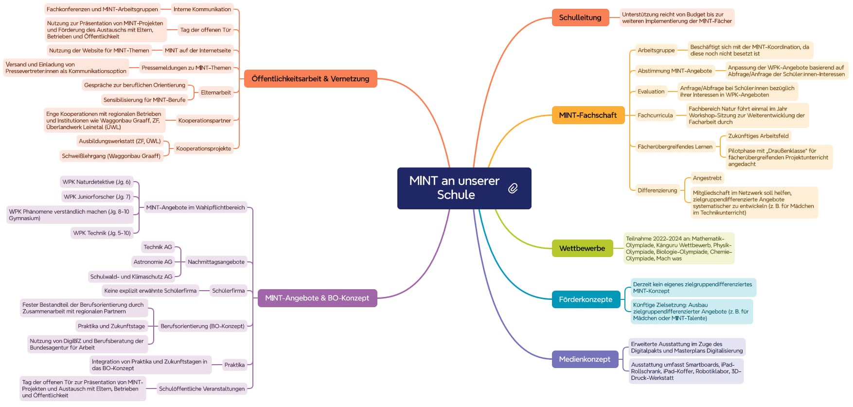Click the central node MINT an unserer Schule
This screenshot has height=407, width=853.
454,188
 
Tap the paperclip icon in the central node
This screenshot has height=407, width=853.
513,188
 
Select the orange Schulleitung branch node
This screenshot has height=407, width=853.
580,18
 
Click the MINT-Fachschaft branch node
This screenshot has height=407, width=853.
588,115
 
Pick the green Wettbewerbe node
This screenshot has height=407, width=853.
582,248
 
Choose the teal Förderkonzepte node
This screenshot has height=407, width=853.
586,299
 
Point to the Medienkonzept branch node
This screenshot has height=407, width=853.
585,359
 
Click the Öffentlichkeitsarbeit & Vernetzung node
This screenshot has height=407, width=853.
310,79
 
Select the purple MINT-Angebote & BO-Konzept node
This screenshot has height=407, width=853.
317,298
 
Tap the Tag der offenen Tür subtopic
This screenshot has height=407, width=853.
206,30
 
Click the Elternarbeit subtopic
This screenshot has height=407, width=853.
216,92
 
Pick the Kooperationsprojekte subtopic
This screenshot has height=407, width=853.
204,148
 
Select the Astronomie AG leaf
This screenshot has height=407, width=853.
153,262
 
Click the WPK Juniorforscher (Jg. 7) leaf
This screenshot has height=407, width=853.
97,197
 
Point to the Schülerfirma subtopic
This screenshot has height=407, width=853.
229,291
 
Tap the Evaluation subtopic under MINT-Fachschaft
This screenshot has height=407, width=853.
651,92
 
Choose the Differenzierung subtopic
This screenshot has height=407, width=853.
657,190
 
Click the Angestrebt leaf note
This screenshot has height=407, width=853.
707,178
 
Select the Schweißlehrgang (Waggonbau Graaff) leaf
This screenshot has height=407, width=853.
111,156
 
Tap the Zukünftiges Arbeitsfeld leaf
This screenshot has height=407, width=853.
758,136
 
